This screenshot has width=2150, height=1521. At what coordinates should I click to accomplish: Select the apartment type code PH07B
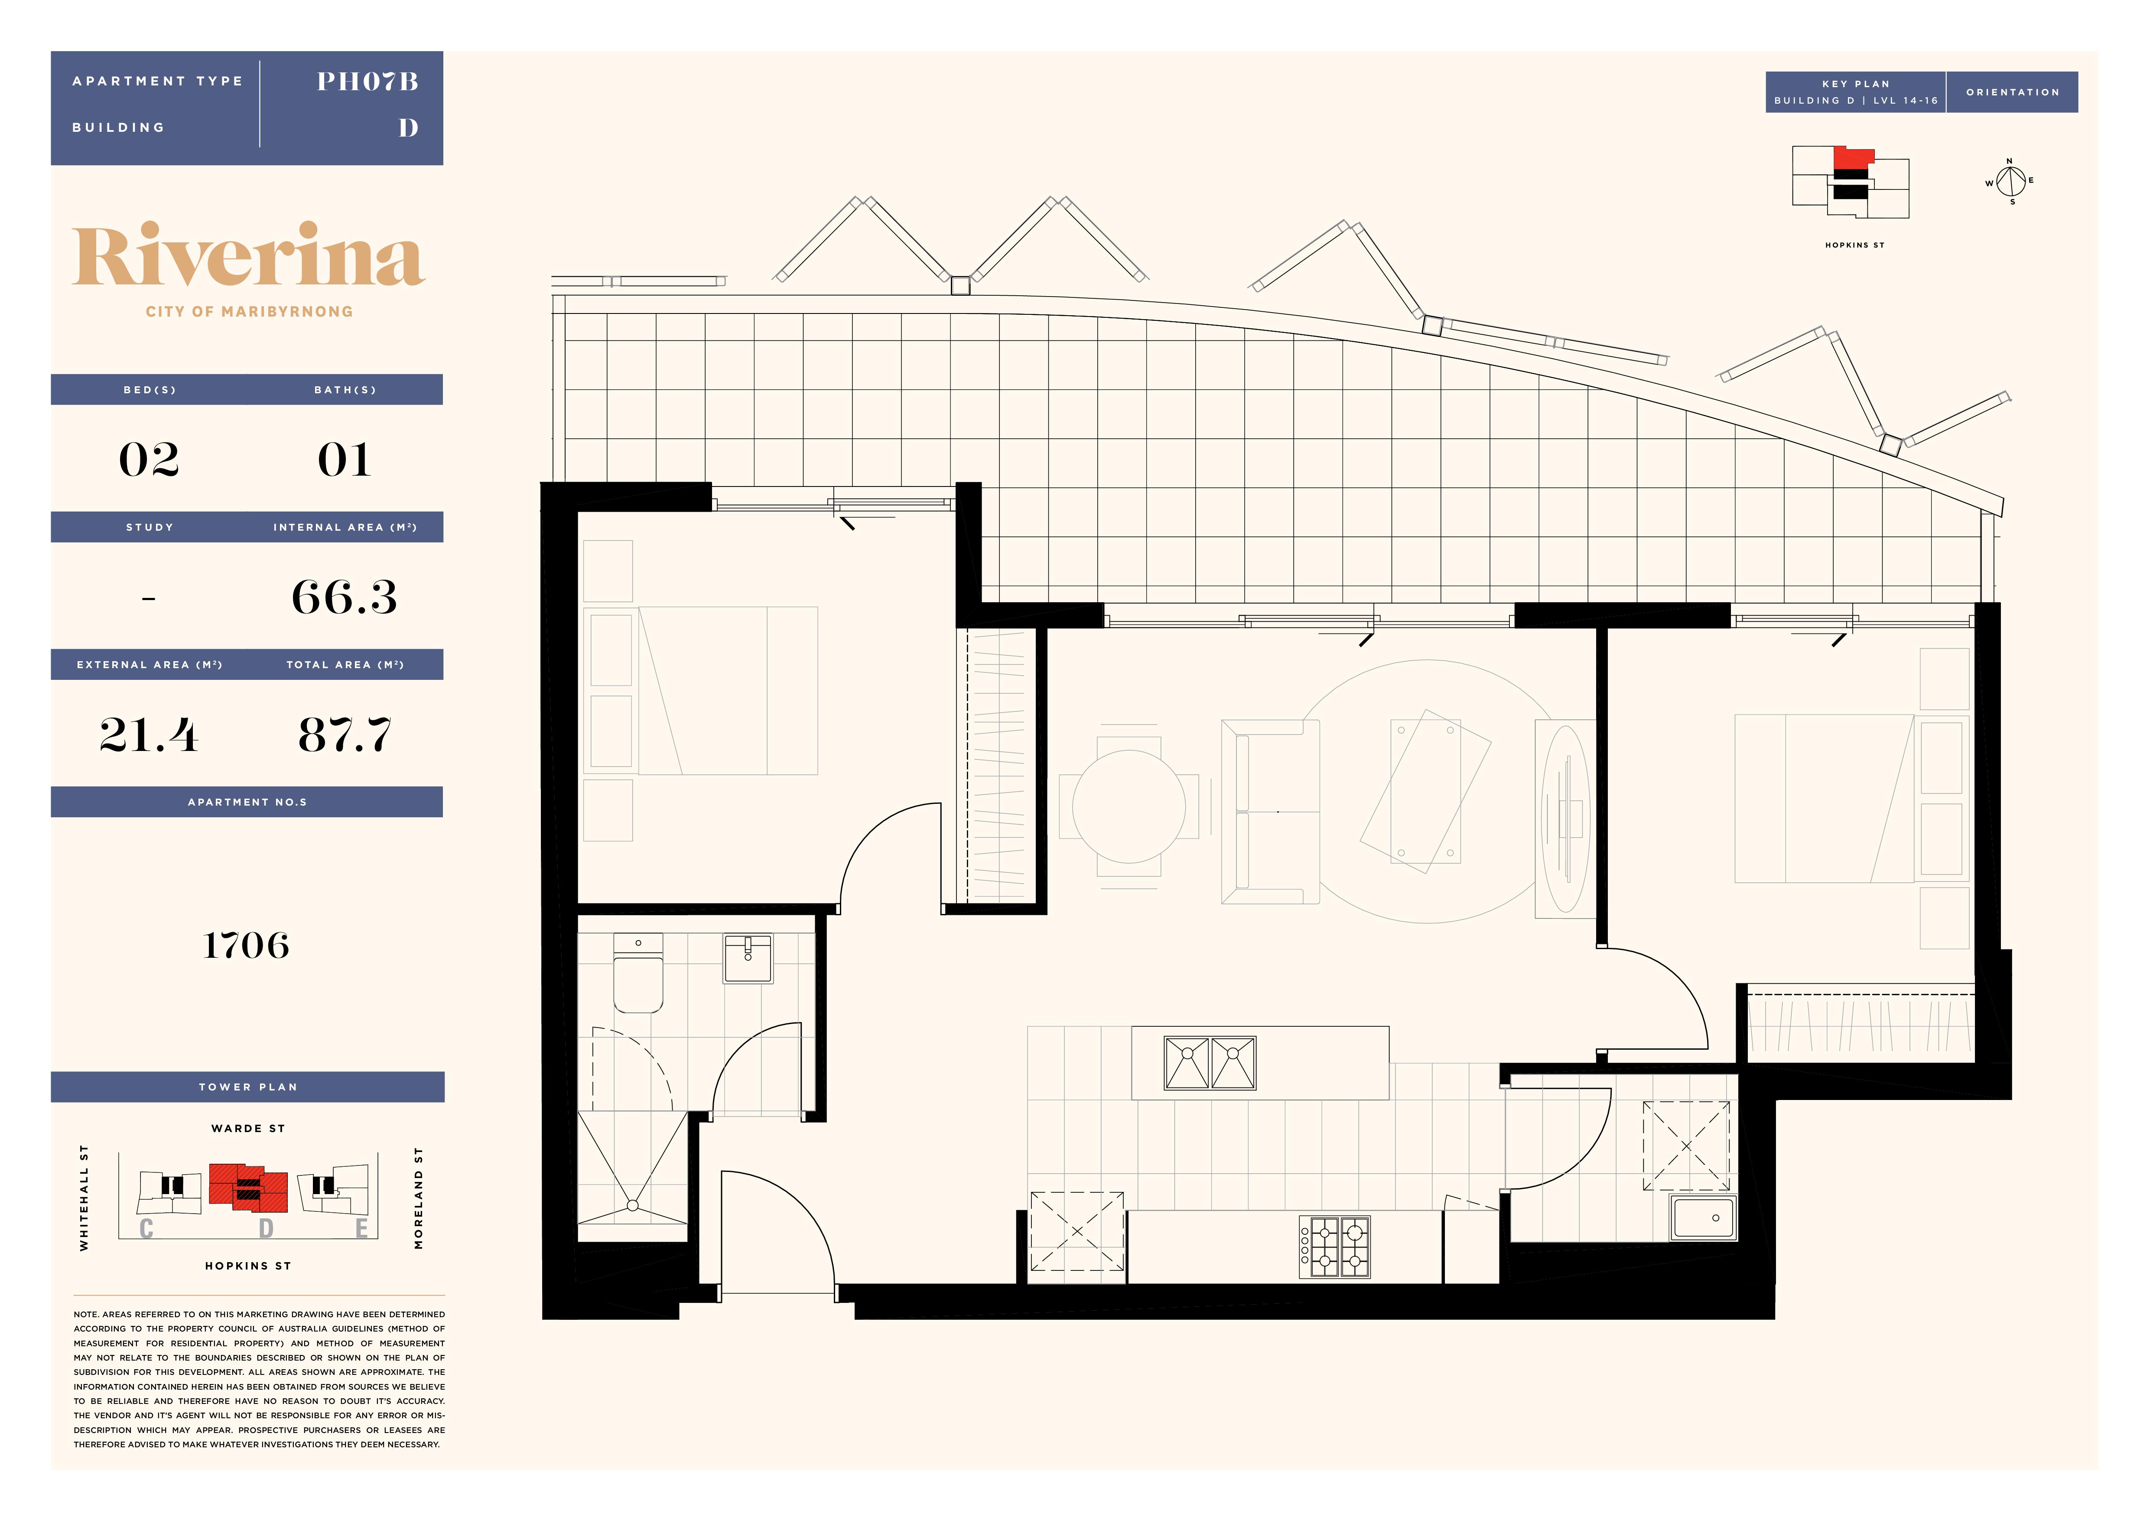coord(367,82)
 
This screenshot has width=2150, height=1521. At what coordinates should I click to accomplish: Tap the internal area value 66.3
coord(345,597)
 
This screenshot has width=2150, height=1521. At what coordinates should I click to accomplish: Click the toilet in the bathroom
coord(638,972)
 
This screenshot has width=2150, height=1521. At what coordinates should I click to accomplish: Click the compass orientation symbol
coord(2010,181)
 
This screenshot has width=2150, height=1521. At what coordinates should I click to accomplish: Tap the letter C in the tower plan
coord(146,1229)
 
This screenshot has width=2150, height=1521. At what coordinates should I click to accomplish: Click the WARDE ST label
coord(248,1129)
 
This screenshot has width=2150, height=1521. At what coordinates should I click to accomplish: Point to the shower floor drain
coord(633,1205)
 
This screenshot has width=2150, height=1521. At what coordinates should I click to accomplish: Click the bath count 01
coord(345,459)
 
